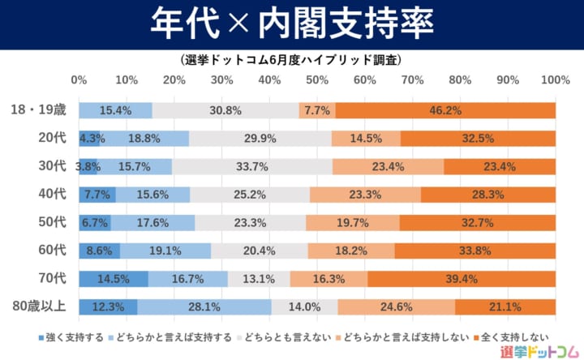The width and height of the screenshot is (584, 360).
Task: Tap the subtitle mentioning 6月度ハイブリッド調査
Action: pos(291,60)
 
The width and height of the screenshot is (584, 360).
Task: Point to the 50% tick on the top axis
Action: pos(317,80)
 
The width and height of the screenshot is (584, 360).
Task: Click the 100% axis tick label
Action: pos(555,80)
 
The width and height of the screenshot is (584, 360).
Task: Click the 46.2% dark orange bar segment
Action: pos(445,110)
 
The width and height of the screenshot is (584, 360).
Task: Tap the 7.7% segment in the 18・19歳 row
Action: pos(316,110)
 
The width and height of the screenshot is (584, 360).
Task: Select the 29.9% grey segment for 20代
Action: pos(260,139)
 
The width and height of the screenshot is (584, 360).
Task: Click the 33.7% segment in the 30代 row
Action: pos(252,166)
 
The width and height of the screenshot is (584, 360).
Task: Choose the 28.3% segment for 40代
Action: pos(488,195)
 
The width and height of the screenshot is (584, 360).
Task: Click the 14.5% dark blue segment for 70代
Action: pos(114,279)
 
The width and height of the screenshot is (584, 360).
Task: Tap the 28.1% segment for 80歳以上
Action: pos(204,307)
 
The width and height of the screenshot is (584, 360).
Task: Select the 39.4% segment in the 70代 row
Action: pos(462,279)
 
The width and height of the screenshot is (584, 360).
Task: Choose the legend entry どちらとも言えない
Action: pos(288,336)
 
